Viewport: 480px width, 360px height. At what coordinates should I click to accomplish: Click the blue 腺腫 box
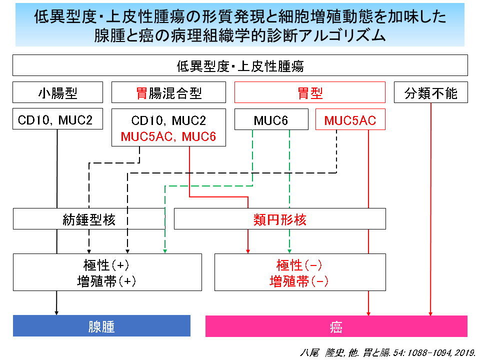pos(101,325)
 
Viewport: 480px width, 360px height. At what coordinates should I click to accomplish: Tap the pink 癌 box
pos(336,326)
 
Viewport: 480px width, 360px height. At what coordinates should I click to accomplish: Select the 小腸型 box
pos(57,92)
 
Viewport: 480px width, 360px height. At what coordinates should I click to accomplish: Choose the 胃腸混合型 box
pos(168,92)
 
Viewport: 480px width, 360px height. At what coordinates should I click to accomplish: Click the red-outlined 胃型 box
pos(310,92)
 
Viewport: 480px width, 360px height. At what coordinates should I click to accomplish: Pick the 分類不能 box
pos(430,92)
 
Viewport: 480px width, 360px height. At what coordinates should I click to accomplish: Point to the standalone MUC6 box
pos(271,119)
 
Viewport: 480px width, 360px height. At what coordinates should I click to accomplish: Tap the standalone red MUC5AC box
pos(350,119)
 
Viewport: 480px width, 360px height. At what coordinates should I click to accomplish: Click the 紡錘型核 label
pos(89,219)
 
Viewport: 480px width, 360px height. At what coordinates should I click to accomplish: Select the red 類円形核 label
pos(280,219)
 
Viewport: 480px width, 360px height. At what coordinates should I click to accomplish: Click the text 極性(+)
pos(106,265)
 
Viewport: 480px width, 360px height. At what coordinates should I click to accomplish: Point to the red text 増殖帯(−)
pos(299,281)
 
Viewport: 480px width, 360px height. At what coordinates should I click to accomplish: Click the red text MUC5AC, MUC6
pos(168,136)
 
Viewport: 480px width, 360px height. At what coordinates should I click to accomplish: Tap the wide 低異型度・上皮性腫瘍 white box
pos(240,65)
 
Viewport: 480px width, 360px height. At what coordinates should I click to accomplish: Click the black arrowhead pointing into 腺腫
pos(56,313)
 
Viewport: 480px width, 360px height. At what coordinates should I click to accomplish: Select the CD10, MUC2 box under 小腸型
pos(57,119)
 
